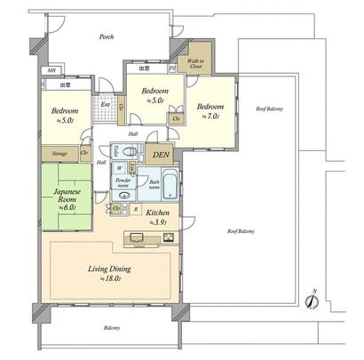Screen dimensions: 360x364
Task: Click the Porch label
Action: [x=107, y=37]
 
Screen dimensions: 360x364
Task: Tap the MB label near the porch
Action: [x=52, y=70]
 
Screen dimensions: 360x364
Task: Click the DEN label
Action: [x=161, y=155]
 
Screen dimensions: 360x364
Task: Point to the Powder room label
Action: [x=123, y=183]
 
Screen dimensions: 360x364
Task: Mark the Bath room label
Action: [x=154, y=186]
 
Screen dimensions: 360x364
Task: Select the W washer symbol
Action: [x=120, y=167]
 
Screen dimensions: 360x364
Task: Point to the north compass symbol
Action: [x=312, y=301]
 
